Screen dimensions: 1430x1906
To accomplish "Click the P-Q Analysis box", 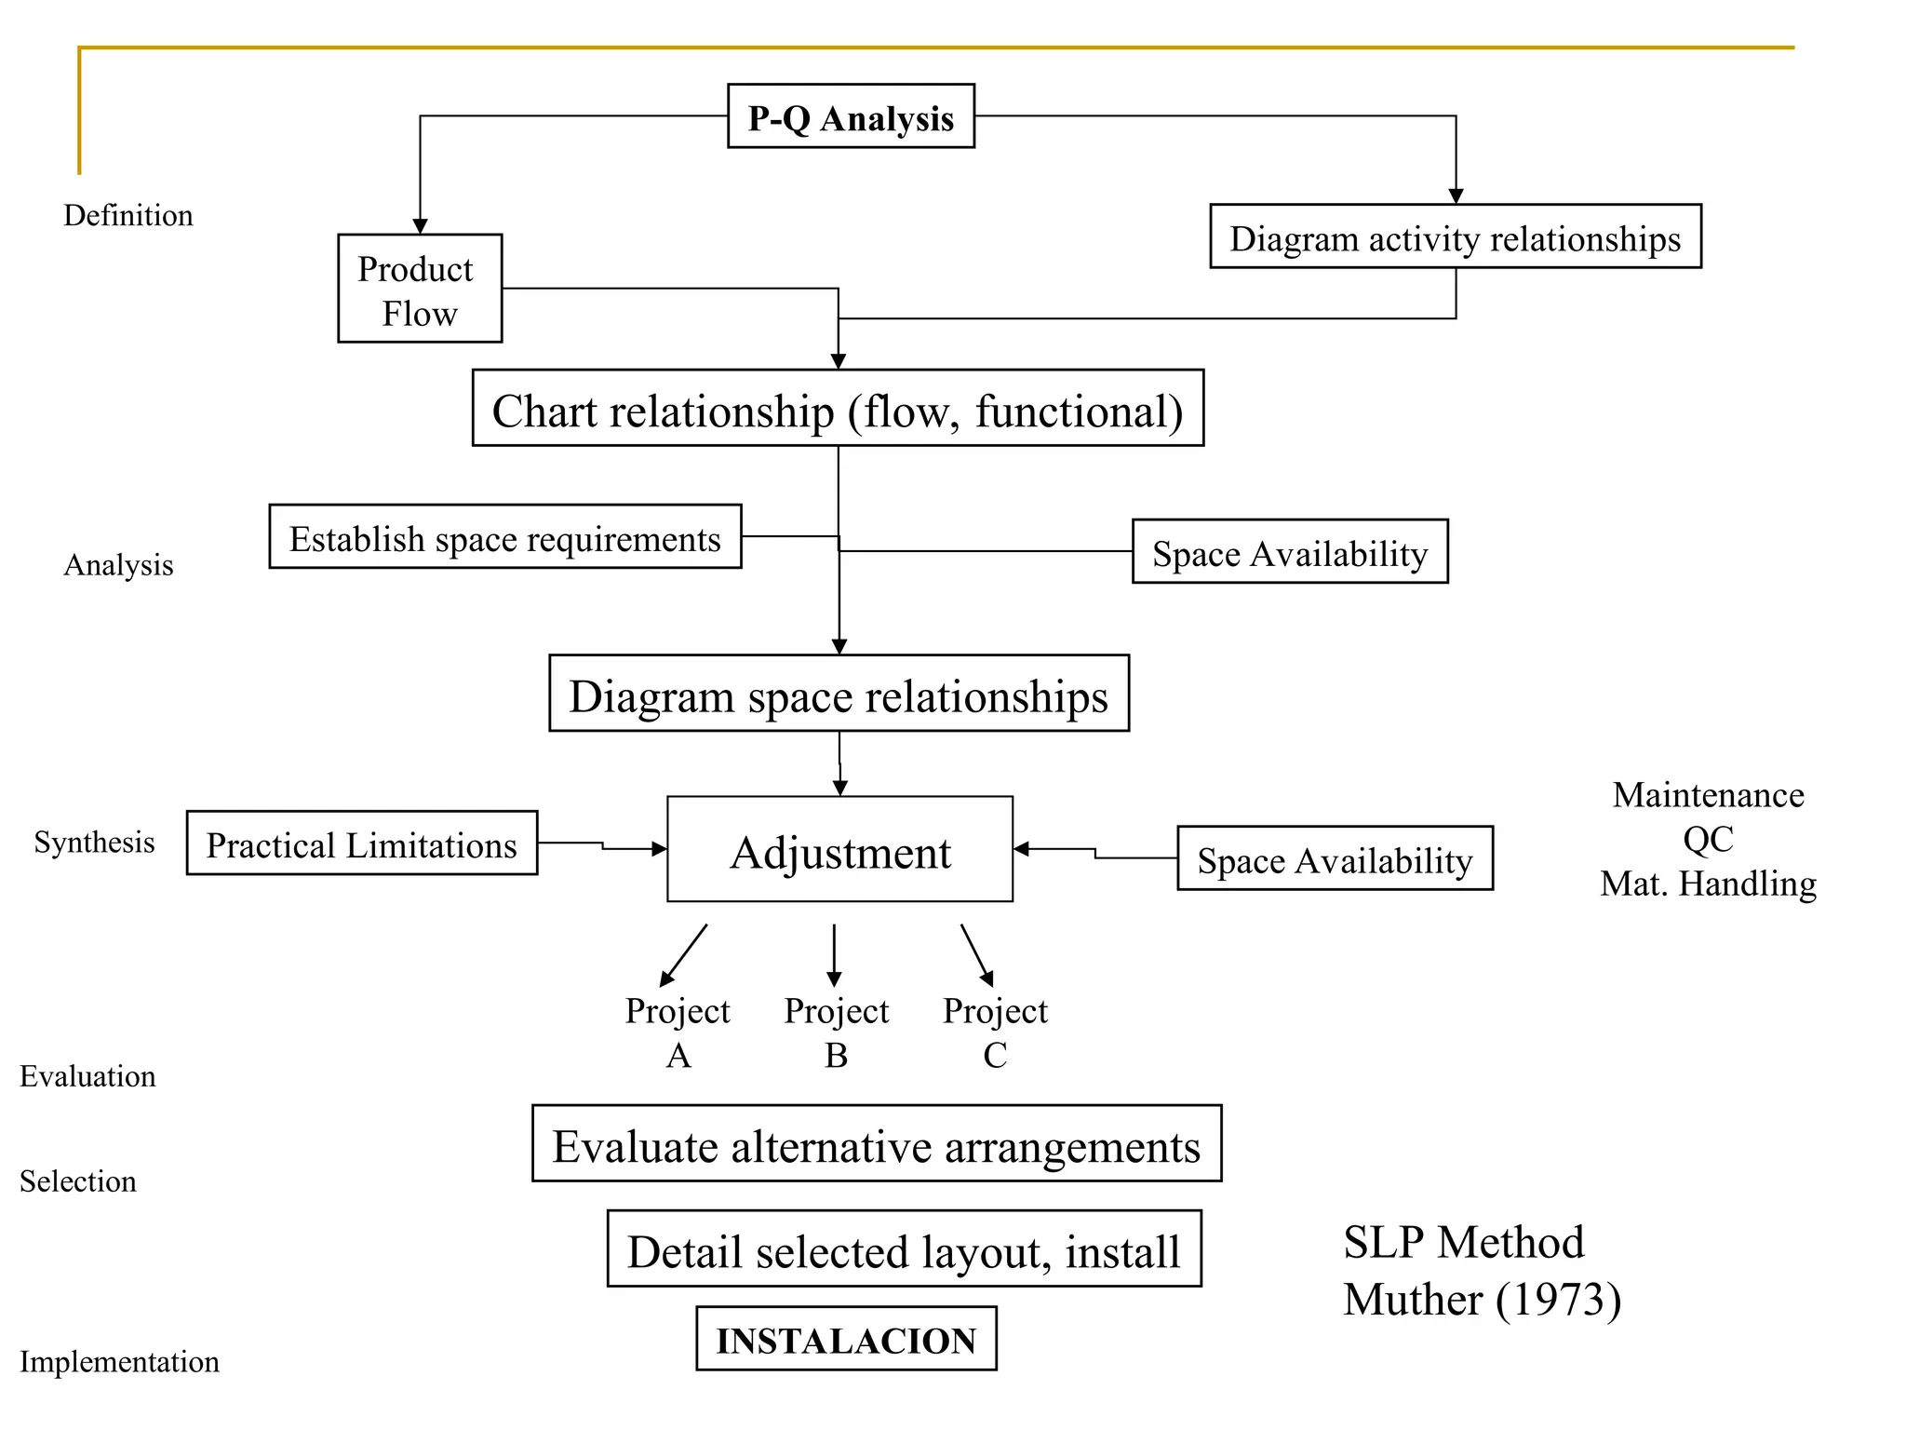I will click(x=851, y=116).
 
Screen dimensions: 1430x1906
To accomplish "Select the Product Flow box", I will click(x=420, y=289).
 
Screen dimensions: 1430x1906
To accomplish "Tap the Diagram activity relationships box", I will click(x=1455, y=236).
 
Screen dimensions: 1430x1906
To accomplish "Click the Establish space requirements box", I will click(x=505, y=537).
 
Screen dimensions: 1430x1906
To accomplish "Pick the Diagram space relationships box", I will click(x=839, y=694).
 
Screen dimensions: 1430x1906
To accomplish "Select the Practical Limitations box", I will click(x=362, y=843).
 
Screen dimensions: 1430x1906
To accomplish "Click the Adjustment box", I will click(x=839, y=849).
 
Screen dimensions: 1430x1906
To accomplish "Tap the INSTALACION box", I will click(x=846, y=1339).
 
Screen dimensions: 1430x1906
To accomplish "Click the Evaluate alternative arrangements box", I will click(x=876, y=1143).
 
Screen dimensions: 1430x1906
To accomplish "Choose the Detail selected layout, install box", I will click(x=904, y=1248).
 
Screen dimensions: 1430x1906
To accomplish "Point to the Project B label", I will click(x=836, y=1032).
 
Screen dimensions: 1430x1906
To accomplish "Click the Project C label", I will click(x=995, y=1032).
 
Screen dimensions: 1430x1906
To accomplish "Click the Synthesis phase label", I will click(x=94, y=842).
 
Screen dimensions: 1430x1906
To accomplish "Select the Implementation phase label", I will click(x=119, y=1361).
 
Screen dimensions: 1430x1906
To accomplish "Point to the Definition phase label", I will click(x=128, y=215).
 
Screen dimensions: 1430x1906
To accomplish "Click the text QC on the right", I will click(x=1708, y=839).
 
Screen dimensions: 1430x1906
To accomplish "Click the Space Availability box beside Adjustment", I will click(x=1335, y=858).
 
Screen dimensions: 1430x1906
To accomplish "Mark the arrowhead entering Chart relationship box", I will click(x=839, y=361).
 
